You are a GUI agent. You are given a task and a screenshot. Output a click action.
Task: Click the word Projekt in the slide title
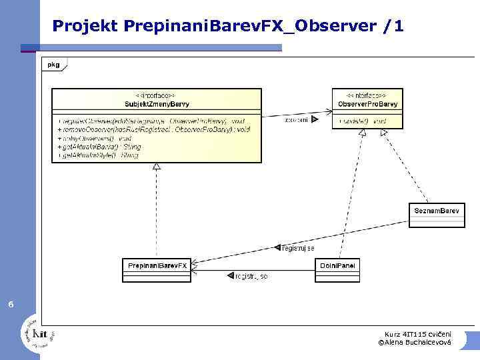coord(85,27)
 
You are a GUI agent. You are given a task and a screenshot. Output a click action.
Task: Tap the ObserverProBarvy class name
coord(368,104)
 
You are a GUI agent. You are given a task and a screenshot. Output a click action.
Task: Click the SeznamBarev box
coord(437,211)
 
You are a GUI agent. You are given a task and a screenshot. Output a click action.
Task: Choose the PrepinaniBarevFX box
coord(157,266)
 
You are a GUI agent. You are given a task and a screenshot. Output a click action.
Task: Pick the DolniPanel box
coord(337,266)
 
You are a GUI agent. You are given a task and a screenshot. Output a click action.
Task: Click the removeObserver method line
coord(153,129)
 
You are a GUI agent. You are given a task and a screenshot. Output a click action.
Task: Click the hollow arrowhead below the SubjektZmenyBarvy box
coord(157,166)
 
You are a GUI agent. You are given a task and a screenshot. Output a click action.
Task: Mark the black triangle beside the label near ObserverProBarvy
coord(315,121)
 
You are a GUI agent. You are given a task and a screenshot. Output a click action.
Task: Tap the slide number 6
coord(10,305)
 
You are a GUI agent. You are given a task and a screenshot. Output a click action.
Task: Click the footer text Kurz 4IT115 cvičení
coord(417,333)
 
